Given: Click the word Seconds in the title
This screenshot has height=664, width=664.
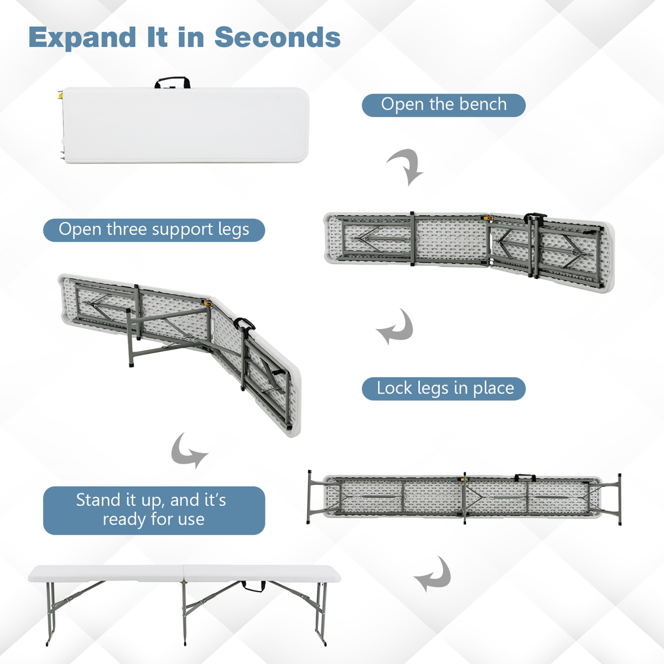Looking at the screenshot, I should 277,37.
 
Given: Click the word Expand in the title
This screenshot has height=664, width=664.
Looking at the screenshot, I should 82,38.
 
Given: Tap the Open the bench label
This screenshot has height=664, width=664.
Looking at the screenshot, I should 444,105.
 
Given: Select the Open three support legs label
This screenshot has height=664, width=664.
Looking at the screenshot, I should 154,230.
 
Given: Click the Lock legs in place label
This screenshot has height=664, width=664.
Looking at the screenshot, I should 444,389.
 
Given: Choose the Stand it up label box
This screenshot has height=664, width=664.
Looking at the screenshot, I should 154,510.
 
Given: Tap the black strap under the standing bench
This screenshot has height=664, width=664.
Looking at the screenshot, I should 254,587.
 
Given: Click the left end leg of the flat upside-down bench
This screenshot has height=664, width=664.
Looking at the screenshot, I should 309,497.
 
